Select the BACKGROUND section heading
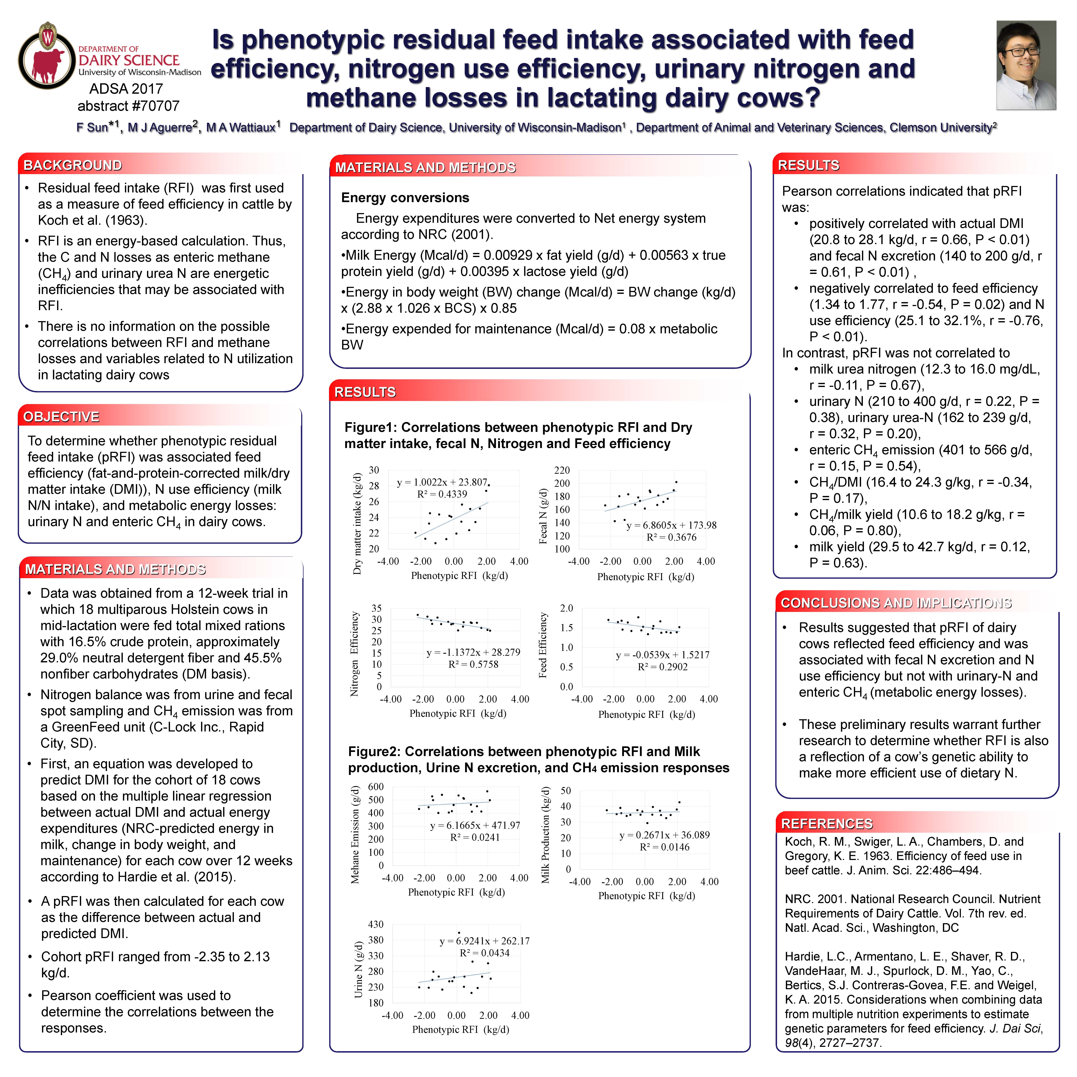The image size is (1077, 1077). (x=73, y=165)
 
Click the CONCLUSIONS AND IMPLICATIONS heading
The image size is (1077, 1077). (x=896, y=603)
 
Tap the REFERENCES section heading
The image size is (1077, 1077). (x=827, y=824)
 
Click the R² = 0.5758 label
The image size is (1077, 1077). (x=473, y=665)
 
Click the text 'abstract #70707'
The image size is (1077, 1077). (x=128, y=106)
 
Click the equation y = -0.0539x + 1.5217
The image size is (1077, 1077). (x=662, y=655)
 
